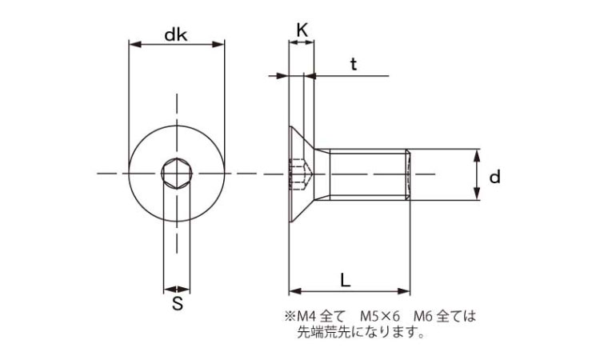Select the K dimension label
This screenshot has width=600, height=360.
(x=302, y=30)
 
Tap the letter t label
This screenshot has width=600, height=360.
(x=353, y=65)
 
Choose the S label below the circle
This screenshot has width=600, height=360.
(x=178, y=304)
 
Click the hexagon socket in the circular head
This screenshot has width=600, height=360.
(x=176, y=173)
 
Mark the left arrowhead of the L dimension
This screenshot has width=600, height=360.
(x=293, y=290)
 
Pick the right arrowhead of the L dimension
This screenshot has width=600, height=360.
(x=406, y=290)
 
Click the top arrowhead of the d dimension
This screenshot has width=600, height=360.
(x=477, y=153)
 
